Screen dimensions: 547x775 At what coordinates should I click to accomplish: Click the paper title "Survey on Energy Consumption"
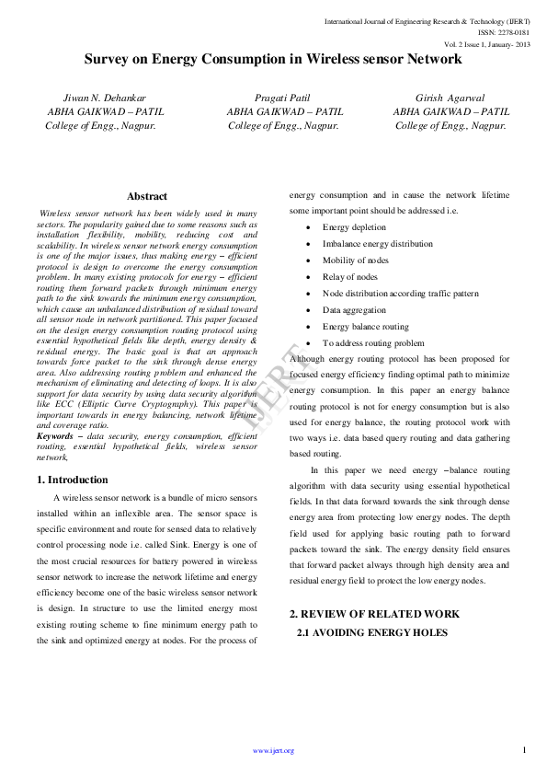click(273, 59)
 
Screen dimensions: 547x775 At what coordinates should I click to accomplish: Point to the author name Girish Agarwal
click(450, 97)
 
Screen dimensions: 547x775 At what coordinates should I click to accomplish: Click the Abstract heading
click(147, 196)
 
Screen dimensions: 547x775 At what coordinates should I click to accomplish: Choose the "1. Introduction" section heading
click(73, 480)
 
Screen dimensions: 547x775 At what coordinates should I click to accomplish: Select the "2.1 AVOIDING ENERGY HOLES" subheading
click(371, 632)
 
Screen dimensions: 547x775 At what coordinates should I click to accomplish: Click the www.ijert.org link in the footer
click(273, 751)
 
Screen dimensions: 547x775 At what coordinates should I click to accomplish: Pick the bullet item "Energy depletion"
click(354, 227)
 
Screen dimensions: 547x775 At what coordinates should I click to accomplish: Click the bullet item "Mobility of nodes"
click(355, 260)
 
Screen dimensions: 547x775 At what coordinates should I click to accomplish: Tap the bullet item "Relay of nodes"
click(349, 277)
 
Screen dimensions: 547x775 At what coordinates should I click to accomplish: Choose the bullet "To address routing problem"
click(373, 343)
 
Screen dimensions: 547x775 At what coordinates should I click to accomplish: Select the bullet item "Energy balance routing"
click(365, 327)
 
